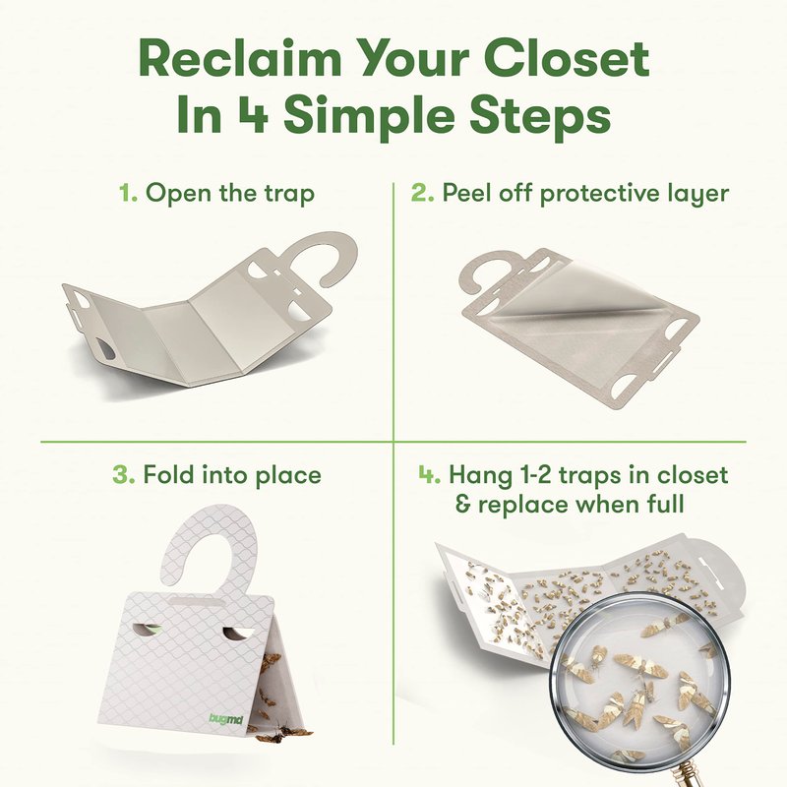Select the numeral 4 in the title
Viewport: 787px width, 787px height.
click(x=253, y=116)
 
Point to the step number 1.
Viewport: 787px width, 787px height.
click(x=128, y=193)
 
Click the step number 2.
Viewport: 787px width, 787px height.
click(x=422, y=193)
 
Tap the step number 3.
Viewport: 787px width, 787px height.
click(x=124, y=474)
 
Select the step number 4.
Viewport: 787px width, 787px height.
click(x=430, y=474)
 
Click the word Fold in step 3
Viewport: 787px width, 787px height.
click(x=165, y=474)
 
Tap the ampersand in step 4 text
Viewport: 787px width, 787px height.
click(x=462, y=505)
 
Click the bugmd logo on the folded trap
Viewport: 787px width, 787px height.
click(x=226, y=719)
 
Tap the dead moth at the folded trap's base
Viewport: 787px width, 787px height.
click(x=282, y=732)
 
